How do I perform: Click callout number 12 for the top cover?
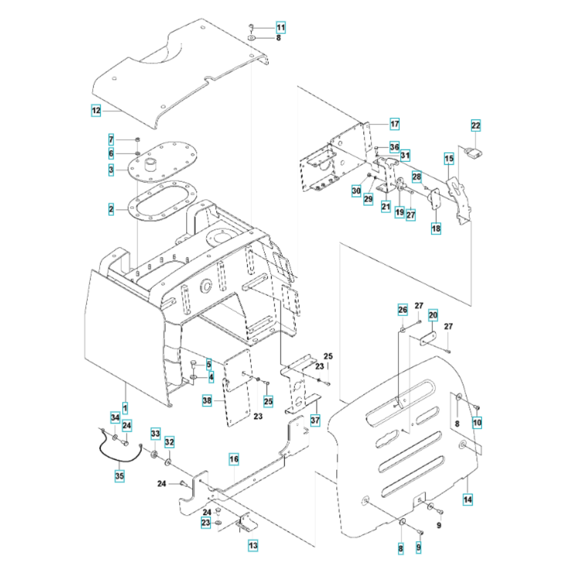coord(96,112)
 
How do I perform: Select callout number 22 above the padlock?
coord(475,125)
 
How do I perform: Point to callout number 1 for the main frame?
coord(125,406)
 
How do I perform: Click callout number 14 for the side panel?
coord(468,499)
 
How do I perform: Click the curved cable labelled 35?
coord(119,447)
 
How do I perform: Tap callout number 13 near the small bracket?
coord(252,546)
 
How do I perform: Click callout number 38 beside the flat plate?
coord(208,401)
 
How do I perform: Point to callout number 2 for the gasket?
coord(112,210)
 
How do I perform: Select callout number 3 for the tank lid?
coord(112,169)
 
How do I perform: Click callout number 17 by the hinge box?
coord(394,123)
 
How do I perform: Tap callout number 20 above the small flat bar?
coord(433,316)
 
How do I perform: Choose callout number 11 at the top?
coord(281,27)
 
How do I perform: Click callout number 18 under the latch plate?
coord(436,228)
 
